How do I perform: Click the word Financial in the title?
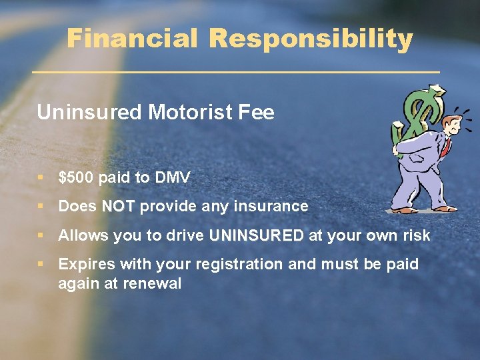click(133, 39)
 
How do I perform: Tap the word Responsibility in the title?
click(311, 39)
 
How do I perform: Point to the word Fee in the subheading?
click(258, 112)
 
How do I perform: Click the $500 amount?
click(75, 177)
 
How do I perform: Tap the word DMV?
click(172, 177)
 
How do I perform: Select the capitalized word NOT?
click(118, 207)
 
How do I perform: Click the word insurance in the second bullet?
click(271, 207)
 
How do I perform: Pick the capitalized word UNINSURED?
click(256, 235)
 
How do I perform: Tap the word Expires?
click(85, 264)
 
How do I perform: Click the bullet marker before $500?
click(41, 178)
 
